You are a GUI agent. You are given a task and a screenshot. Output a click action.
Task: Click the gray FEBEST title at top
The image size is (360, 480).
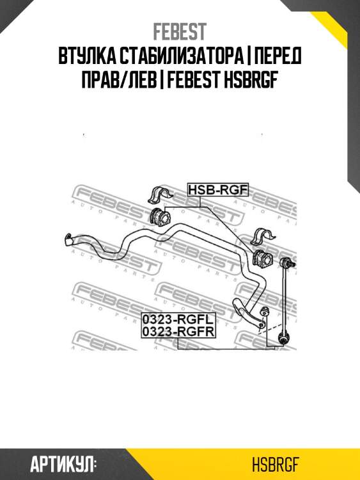180,32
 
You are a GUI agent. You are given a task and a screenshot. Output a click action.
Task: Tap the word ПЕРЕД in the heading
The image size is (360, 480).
278,56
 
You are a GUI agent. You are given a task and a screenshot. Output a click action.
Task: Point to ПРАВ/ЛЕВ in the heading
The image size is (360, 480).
119,79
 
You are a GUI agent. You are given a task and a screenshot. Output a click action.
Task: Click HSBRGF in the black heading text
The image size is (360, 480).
251,79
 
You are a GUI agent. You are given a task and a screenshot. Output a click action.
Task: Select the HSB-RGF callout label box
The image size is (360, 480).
218,190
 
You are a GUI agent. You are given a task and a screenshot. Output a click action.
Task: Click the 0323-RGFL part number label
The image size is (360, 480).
178,319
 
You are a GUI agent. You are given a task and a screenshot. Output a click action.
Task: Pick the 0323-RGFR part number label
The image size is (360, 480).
178,332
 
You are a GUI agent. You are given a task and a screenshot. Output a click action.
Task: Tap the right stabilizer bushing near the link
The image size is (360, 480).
262,259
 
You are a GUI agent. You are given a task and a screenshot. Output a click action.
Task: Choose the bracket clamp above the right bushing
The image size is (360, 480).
263,237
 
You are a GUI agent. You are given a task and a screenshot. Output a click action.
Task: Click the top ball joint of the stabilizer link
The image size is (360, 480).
286,262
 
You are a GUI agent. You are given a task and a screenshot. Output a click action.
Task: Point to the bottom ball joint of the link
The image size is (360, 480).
283,339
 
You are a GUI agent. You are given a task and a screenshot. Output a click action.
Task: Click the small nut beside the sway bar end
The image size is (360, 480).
263,312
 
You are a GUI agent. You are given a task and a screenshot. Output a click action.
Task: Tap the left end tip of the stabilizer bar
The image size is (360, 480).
68,239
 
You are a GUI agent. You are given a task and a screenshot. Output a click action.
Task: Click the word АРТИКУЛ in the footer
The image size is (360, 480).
63,465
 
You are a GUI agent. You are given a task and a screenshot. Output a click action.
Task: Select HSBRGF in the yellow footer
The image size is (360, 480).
275,465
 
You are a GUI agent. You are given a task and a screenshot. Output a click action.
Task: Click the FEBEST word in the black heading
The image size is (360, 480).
194,79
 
